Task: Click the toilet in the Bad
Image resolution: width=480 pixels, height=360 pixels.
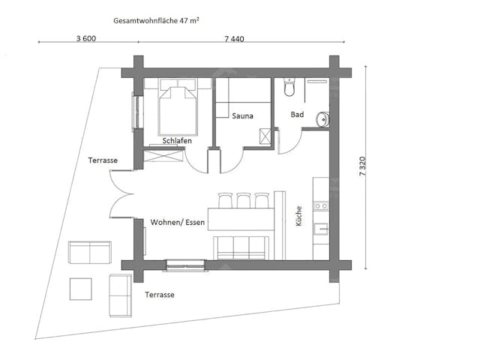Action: point(289,87)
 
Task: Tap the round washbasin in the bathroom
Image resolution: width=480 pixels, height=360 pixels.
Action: point(322,118)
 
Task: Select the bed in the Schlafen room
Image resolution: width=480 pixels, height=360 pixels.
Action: point(178,106)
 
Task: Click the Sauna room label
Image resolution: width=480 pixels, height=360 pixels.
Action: point(242,116)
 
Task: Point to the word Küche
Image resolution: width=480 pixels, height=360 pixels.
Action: point(298,216)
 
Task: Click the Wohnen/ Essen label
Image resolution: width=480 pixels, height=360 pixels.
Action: point(178,222)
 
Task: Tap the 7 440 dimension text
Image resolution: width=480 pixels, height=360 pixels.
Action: point(234,39)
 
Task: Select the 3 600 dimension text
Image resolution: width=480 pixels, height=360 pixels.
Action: point(86,38)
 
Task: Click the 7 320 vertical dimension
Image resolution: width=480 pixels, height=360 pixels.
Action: point(362,166)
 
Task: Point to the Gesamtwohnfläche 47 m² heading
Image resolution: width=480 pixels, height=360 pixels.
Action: point(156,20)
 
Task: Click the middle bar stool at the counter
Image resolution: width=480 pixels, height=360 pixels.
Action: point(244,200)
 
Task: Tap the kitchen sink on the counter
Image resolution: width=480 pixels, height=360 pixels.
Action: point(321,229)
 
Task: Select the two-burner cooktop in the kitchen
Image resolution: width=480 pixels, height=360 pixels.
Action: point(321,206)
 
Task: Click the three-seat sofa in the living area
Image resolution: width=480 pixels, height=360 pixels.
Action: point(241,247)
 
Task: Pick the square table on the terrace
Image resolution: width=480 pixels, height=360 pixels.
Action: point(80,289)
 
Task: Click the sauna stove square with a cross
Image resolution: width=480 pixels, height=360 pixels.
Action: point(265,136)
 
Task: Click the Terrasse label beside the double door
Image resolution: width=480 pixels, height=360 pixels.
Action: point(103,160)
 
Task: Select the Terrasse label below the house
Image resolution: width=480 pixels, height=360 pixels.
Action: point(160,295)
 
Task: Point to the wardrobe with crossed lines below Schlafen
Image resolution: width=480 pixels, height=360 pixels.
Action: point(163,156)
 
